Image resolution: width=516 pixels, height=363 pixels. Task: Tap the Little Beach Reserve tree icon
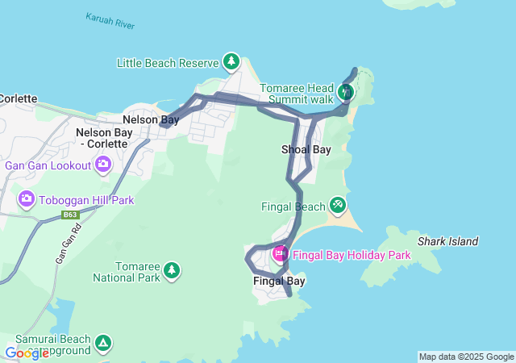[x=231, y=61]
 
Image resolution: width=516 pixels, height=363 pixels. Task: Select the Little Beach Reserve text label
[x=168, y=63]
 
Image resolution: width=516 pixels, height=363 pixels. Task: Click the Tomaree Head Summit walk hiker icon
[x=346, y=92]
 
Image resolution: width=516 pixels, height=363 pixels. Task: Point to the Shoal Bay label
[x=306, y=150]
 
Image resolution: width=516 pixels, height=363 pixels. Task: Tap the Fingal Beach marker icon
[x=338, y=206]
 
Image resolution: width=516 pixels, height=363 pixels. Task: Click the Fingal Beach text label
[x=293, y=207]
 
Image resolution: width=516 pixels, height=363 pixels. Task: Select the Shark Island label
[x=447, y=241]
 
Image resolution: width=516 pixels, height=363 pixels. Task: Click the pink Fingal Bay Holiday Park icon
[x=280, y=254]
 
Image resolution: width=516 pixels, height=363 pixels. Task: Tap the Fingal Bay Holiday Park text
[x=352, y=255]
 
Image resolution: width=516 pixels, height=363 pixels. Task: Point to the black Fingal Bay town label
[x=279, y=282]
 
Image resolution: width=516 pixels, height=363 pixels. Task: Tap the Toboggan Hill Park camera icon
[x=27, y=198]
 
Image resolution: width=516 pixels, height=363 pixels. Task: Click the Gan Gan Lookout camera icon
[x=102, y=165]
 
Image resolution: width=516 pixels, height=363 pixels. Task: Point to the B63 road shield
[x=71, y=215]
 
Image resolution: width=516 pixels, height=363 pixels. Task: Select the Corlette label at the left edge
[x=19, y=98]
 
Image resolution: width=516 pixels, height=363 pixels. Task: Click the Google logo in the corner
[x=27, y=353]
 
